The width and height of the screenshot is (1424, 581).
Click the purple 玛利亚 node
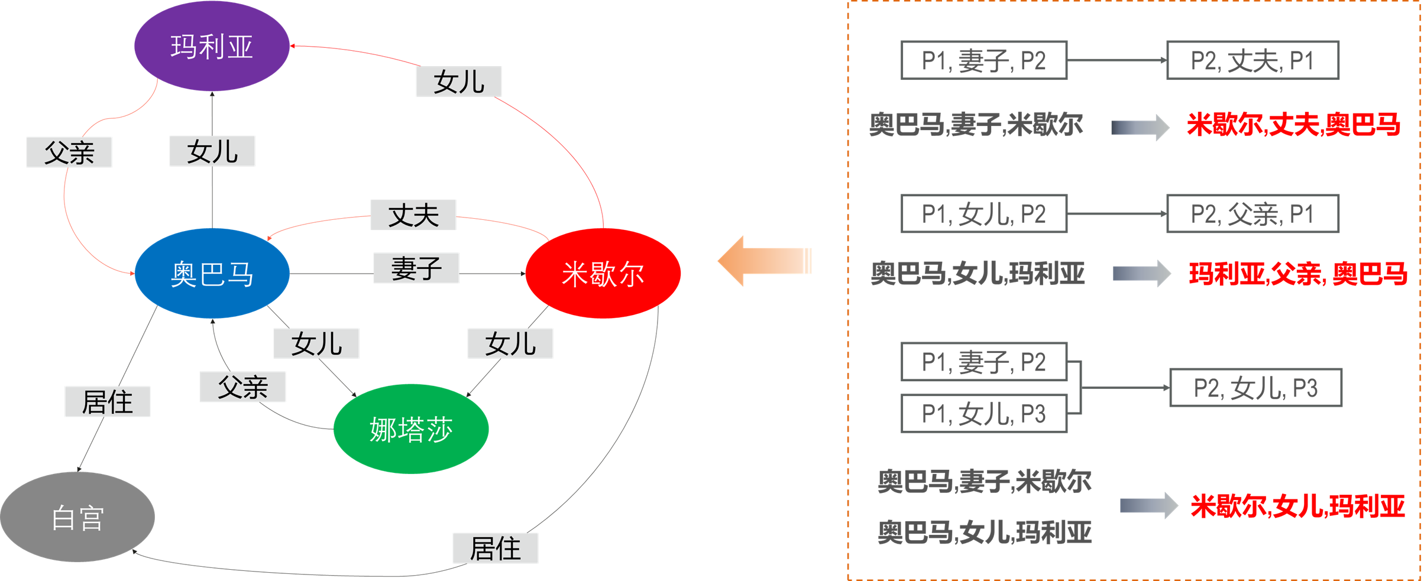212,46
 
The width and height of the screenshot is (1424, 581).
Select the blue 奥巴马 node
212,274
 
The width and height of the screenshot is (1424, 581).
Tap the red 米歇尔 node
603,274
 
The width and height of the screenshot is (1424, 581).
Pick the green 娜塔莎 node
411,429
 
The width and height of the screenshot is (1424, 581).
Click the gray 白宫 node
77,517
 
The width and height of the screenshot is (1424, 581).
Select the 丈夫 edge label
413,215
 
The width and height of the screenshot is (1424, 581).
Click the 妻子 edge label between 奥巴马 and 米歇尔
416,268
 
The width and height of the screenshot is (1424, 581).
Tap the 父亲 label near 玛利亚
69,152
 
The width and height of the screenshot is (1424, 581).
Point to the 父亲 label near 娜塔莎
242,387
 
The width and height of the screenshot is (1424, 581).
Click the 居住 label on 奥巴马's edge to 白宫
108,402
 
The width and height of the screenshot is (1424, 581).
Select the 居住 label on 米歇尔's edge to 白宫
496,548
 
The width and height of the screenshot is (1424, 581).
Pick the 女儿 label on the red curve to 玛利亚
459,82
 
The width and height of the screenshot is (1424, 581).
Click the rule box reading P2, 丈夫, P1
1253,60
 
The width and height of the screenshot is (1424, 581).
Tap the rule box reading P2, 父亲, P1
1253,214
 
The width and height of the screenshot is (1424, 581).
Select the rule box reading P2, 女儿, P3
1255,388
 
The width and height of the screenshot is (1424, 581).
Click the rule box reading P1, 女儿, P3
984,414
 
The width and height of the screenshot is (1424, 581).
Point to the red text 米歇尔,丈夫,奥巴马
1293,125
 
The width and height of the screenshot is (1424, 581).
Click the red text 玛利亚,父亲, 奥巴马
1297,274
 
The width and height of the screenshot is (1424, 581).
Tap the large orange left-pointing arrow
763,261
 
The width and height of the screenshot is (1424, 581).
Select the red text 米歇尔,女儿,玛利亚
1297,507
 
